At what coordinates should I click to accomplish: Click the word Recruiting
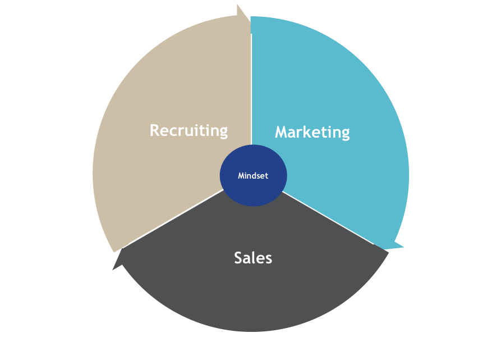189,131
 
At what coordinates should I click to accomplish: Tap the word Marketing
313,133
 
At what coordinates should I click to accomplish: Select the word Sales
253,258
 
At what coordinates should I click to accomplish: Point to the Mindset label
253,176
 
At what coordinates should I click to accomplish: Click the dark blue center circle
254,175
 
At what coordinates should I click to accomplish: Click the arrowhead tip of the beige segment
250,22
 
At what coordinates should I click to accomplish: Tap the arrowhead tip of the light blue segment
404,247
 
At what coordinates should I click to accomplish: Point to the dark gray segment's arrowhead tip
112,270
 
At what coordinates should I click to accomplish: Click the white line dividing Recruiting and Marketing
251,89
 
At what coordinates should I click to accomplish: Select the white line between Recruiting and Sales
176,217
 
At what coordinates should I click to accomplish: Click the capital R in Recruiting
155,130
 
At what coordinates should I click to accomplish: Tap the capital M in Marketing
282,132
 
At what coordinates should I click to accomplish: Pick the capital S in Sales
238,258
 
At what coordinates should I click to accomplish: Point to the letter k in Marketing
311,132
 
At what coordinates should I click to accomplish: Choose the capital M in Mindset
241,176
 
